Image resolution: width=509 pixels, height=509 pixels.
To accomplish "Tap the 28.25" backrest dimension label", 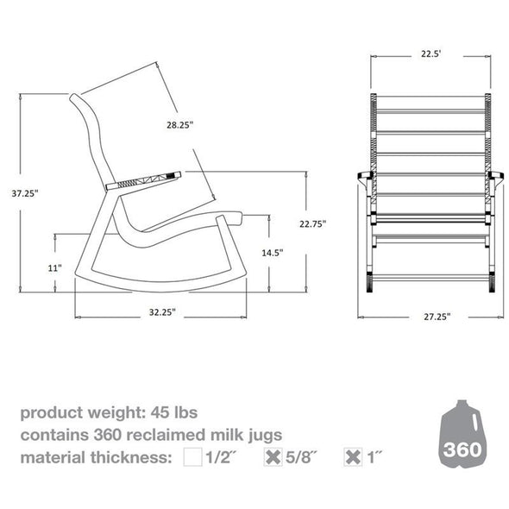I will [180, 125].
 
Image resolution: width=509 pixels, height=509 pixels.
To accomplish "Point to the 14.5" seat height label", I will [273, 254].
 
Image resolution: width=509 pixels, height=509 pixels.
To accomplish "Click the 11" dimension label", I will [55, 268].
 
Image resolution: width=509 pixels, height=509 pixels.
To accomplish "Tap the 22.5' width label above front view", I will [431, 53].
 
